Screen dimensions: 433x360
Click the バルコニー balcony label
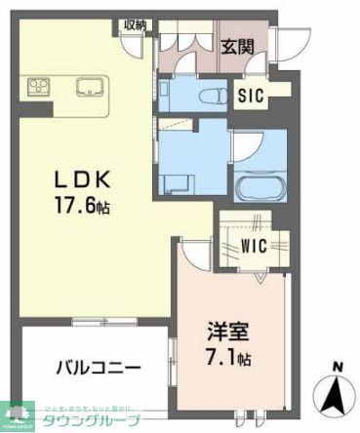(98, 368)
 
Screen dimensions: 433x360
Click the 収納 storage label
(134, 24)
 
